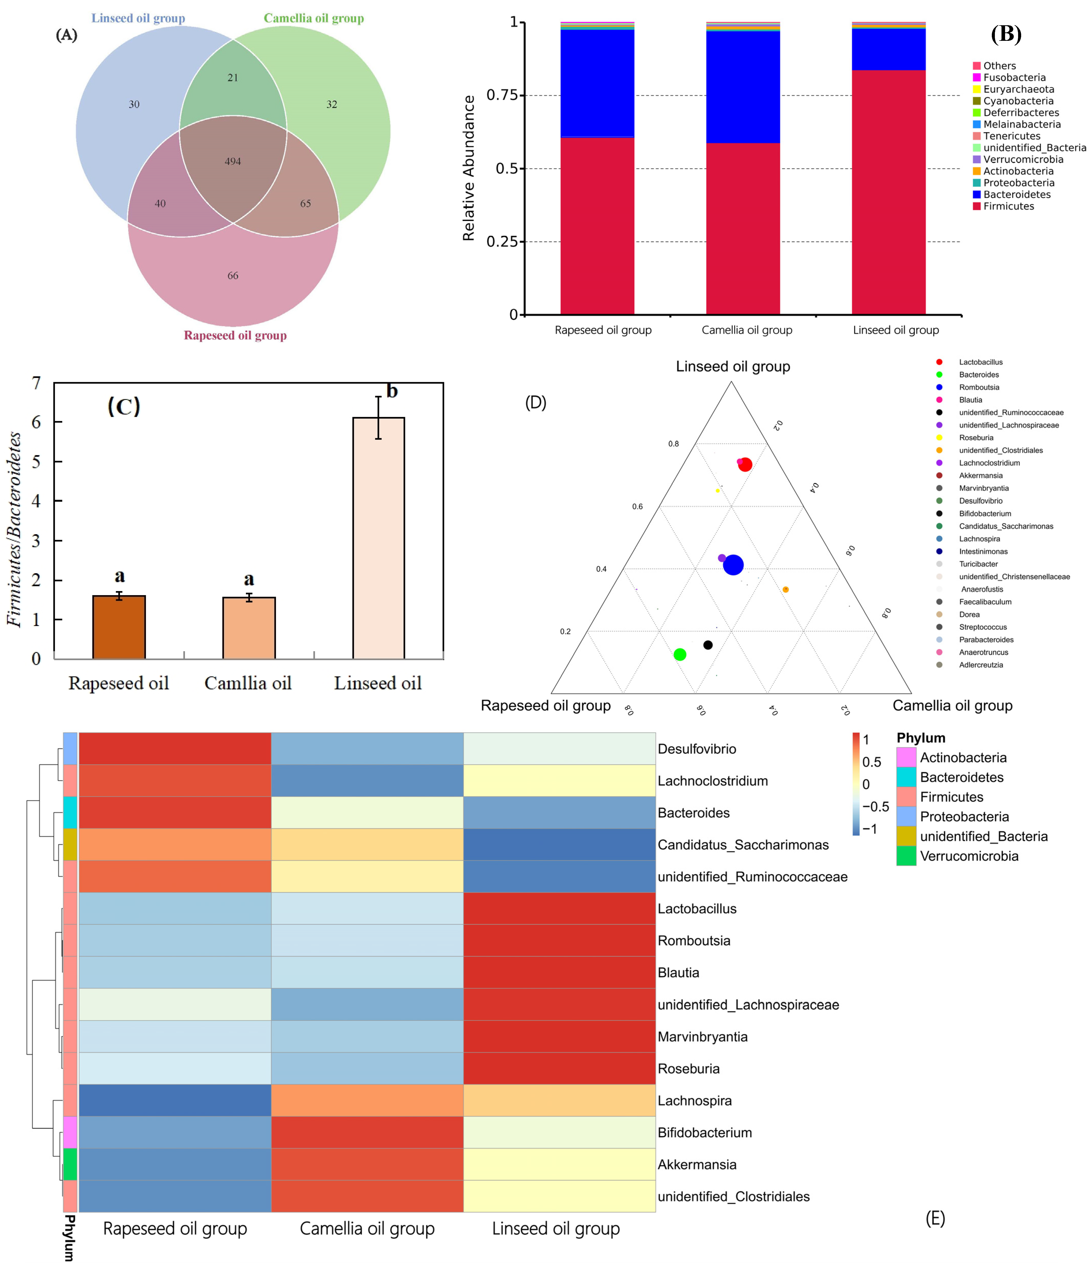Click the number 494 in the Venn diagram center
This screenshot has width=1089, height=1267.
click(x=232, y=161)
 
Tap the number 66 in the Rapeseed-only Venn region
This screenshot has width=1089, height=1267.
click(x=233, y=276)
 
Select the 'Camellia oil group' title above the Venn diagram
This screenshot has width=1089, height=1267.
click(x=314, y=18)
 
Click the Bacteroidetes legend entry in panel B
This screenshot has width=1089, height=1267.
click(x=1016, y=194)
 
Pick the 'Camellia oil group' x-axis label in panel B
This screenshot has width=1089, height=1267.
click(x=747, y=330)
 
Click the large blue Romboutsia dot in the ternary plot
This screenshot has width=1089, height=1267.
click(x=733, y=565)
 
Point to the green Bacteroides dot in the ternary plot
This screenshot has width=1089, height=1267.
click(x=679, y=655)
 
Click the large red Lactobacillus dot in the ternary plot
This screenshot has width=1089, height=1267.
click(x=745, y=465)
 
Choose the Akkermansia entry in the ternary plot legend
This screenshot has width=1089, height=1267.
click(x=980, y=476)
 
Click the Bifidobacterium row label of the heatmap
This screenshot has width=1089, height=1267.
click(x=704, y=1133)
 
